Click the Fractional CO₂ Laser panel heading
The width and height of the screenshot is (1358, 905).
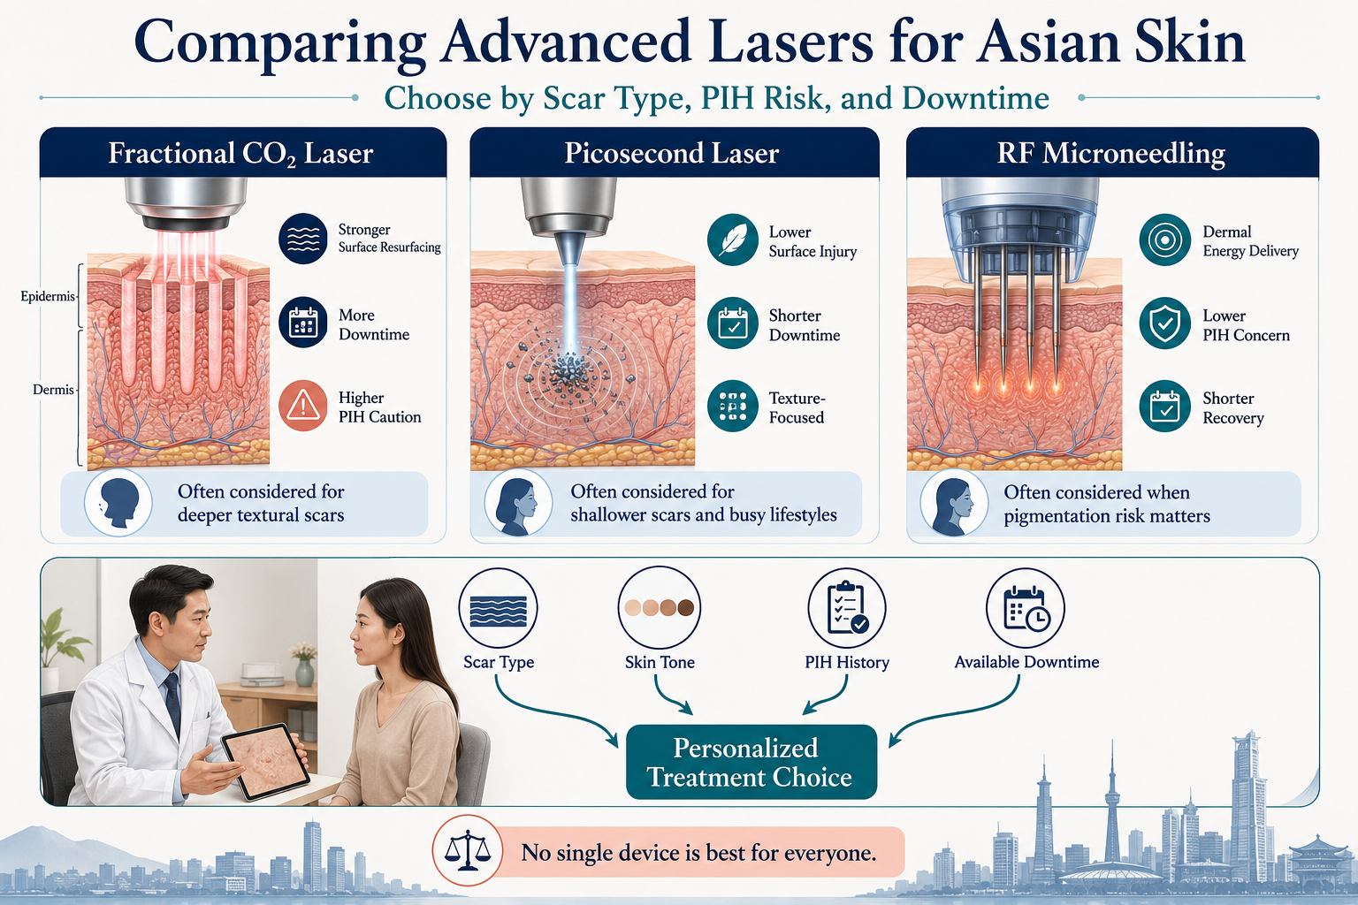240,154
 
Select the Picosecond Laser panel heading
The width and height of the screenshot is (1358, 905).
672,154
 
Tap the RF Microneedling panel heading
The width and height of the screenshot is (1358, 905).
1110,154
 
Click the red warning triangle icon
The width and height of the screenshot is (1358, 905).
303,406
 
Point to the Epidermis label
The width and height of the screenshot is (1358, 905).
48,296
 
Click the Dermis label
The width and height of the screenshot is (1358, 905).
53,390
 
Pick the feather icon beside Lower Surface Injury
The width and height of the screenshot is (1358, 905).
732,240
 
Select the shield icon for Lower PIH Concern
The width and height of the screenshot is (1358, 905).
1164,323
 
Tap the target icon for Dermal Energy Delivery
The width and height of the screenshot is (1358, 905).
1164,240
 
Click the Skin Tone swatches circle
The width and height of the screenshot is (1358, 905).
660,607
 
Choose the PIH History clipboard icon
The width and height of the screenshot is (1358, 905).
847,607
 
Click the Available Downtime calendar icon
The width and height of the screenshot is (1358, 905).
1026,607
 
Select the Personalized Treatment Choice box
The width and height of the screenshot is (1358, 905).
751,762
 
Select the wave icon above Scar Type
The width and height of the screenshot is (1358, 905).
499,607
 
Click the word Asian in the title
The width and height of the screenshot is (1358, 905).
1047,42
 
